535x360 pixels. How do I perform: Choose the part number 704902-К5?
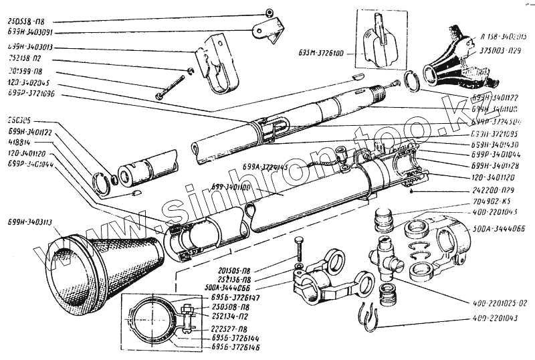point(472,200)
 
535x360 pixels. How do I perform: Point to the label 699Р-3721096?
point(32,94)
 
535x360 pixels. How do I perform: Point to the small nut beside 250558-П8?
point(268,13)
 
